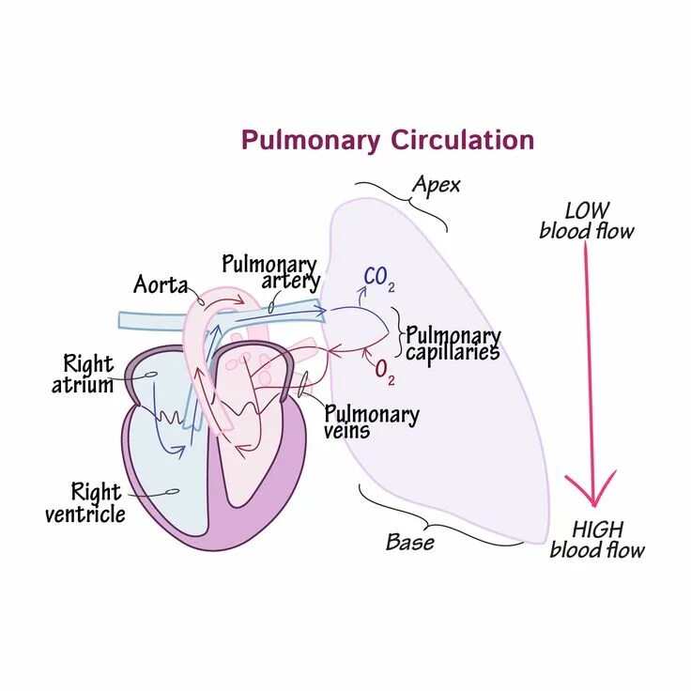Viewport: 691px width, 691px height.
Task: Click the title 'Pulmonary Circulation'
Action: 387,141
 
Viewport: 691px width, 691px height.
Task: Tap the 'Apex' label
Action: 436,185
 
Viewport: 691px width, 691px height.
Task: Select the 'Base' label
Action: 409,542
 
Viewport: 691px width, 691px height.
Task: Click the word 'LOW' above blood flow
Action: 587,210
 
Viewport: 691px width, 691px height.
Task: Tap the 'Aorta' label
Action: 161,284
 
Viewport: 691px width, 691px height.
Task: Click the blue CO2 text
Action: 378,277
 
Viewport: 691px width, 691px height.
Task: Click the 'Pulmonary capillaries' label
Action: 453,344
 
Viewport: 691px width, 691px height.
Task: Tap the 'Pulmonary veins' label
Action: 371,422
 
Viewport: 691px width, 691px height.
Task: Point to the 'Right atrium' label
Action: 88,373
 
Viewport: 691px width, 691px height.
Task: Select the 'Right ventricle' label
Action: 84,502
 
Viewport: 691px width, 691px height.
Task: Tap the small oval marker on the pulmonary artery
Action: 271,307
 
